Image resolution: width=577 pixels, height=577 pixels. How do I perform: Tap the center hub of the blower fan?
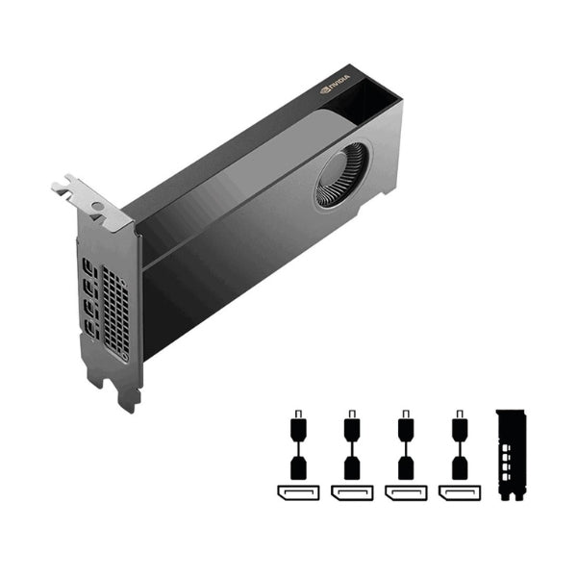click(343, 175)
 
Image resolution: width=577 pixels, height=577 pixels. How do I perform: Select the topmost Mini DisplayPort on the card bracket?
click(89, 265)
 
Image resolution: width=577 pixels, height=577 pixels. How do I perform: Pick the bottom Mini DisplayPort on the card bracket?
click(90, 330)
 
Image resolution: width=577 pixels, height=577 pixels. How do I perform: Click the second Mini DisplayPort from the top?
click(89, 287)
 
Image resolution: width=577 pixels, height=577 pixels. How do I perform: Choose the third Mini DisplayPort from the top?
click(89, 309)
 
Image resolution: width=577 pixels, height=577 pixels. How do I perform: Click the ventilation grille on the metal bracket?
click(115, 314)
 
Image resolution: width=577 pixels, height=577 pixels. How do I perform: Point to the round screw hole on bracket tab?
click(97, 207)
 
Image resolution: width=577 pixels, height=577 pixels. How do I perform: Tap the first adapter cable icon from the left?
click(298, 445)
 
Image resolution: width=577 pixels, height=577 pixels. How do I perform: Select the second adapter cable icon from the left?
click(352, 445)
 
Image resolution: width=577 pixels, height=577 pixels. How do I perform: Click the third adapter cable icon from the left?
click(406, 445)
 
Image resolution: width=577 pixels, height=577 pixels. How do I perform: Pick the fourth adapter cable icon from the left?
click(460, 445)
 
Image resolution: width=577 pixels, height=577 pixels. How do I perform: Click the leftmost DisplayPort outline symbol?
click(298, 493)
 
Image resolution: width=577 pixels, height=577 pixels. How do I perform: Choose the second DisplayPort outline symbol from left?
click(352, 493)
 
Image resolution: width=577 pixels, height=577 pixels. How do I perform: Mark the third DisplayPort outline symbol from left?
click(406, 493)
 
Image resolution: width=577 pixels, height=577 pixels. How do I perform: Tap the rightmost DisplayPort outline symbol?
click(460, 493)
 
